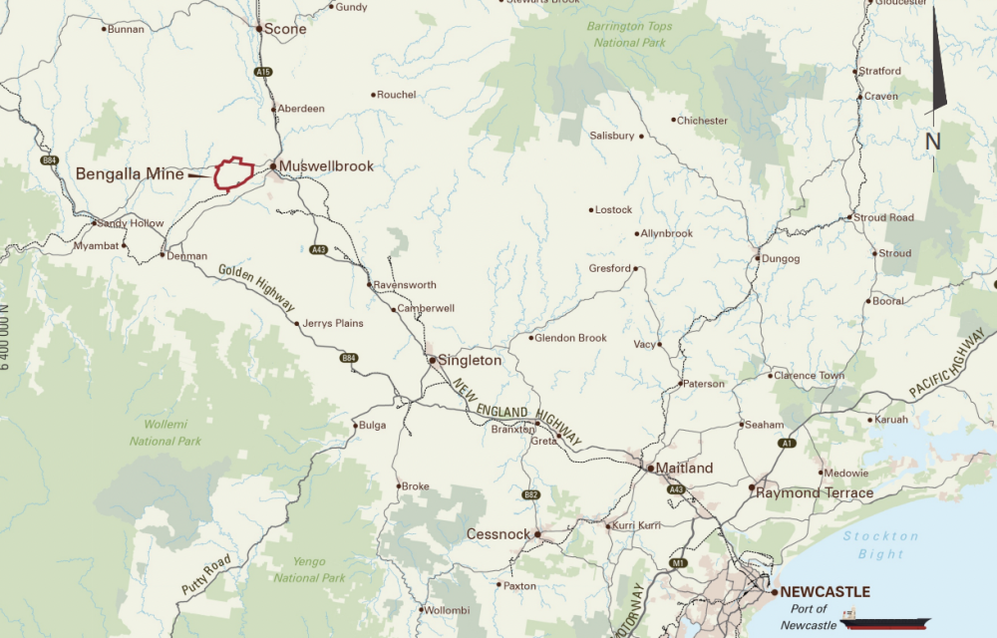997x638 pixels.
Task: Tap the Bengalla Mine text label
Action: coord(130,173)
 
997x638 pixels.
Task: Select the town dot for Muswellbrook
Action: coord(272,166)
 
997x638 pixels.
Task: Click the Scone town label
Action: coord(286,29)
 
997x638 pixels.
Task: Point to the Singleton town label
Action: coord(470,360)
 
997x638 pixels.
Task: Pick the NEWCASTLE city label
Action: coord(825,591)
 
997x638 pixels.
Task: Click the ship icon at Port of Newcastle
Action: coord(884,620)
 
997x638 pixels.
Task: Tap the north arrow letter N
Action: coord(933,142)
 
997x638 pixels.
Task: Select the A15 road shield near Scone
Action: coord(263,73)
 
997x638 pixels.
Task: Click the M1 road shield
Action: coord(679,563)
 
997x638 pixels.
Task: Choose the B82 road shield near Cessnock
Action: coord(530,494)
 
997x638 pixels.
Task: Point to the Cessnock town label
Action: coord(498,534)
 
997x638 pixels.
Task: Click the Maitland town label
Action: coord(684,468)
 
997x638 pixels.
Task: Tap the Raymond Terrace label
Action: coord(815,492)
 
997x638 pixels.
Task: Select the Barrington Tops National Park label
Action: coord(630,34)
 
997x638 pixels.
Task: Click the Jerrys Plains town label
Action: coord(334,323)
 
